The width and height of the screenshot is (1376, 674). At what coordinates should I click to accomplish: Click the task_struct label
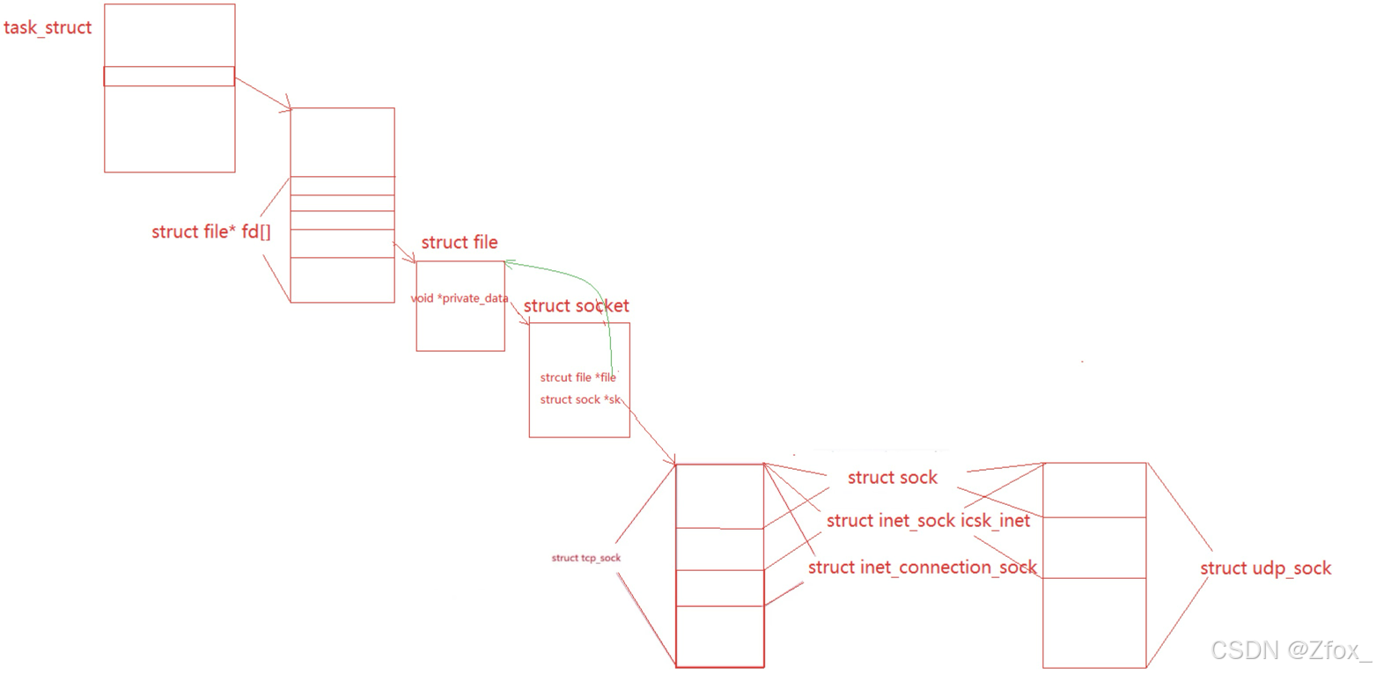48,27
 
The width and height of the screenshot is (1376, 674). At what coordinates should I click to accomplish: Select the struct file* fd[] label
211,231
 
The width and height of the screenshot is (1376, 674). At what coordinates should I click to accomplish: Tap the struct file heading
459,242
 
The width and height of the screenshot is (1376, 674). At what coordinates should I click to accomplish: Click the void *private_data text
460,298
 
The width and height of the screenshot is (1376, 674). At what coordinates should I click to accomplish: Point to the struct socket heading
576,305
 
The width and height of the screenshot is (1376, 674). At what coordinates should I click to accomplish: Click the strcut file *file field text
578,377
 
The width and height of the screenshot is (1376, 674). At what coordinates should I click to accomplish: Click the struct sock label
892,477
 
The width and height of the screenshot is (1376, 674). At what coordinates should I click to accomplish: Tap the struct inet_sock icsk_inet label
928,521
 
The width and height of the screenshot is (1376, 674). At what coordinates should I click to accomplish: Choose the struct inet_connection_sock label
922,567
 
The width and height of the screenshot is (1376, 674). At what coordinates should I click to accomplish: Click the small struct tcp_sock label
585,558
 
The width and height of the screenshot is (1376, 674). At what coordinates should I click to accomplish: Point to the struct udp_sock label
1265,568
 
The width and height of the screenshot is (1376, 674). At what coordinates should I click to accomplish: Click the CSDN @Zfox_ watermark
1291,650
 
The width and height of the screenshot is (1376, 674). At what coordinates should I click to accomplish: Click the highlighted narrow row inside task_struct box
169,77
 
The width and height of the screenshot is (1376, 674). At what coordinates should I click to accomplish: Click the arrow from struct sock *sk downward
650,431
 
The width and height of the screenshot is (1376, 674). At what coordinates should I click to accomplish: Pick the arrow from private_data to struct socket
519,313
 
